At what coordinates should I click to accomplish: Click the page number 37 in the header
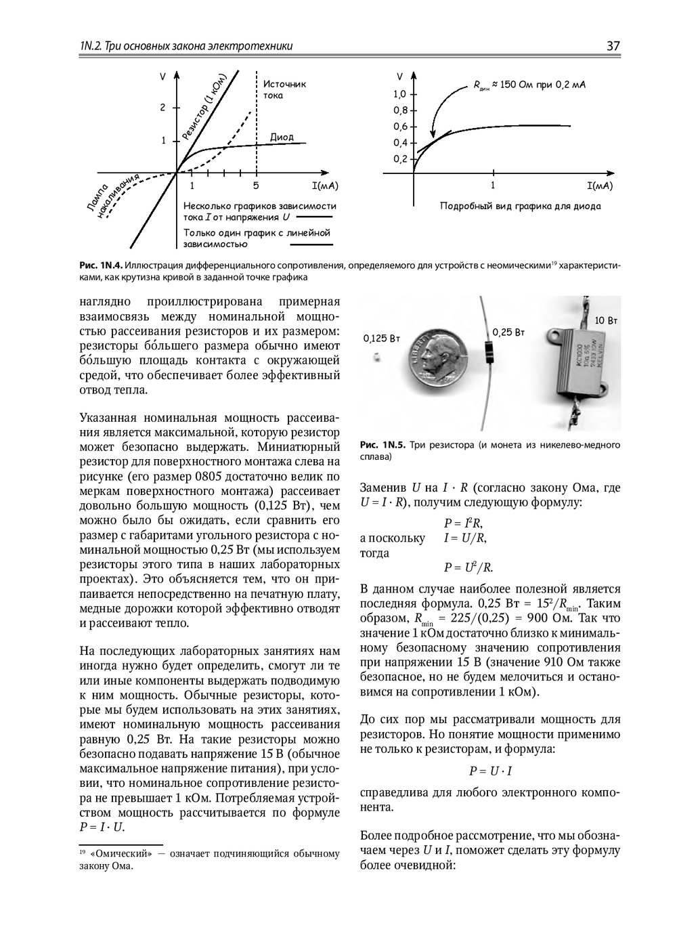[613, 46]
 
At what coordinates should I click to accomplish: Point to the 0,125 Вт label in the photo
[379, 338]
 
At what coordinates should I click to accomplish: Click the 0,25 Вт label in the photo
[508, 332]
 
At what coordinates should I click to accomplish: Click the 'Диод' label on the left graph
[282, 137]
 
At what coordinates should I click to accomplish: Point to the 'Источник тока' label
[284, 89]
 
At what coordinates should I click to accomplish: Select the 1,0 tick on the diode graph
[400, 94]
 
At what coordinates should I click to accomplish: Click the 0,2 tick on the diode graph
[400, 159]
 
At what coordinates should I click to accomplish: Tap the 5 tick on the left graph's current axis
[256, 185]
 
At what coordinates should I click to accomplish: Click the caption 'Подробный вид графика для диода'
[520, 206]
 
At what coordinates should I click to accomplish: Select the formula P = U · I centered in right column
[490, 771]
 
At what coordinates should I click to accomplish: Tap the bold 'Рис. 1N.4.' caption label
[102, 266]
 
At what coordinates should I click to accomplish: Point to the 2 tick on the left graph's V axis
[162, 108]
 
